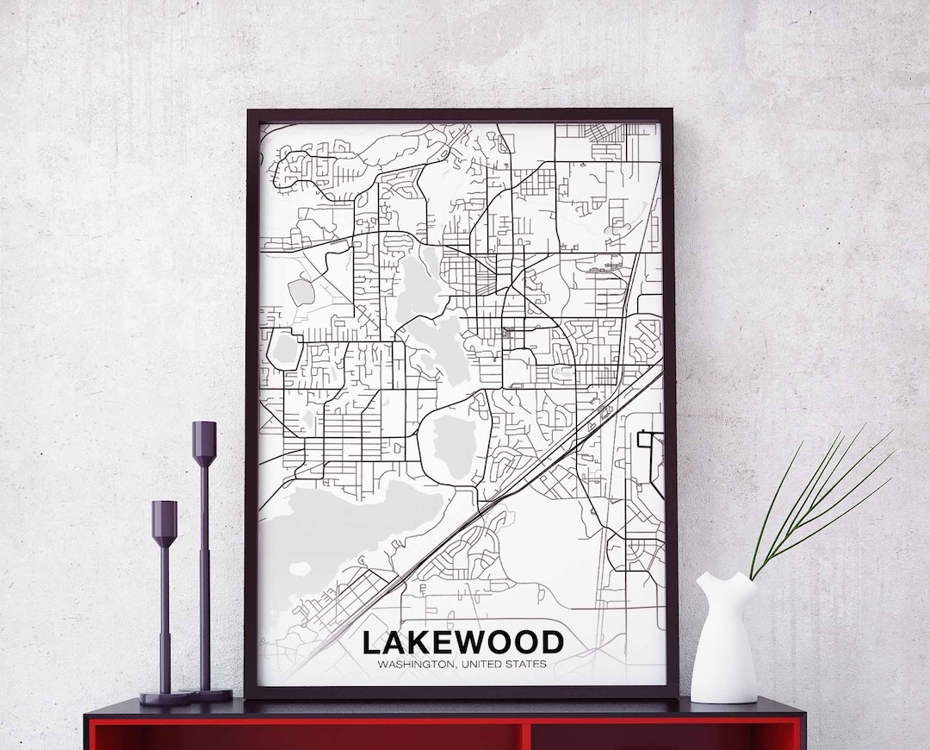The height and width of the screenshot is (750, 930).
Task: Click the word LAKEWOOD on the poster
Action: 462,642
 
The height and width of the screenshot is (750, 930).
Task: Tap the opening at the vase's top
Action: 728,576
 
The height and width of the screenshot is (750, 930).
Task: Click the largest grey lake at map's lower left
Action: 344,526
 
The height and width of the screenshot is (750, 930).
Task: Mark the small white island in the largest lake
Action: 301,569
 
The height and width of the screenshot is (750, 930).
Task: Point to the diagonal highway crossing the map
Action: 517,483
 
